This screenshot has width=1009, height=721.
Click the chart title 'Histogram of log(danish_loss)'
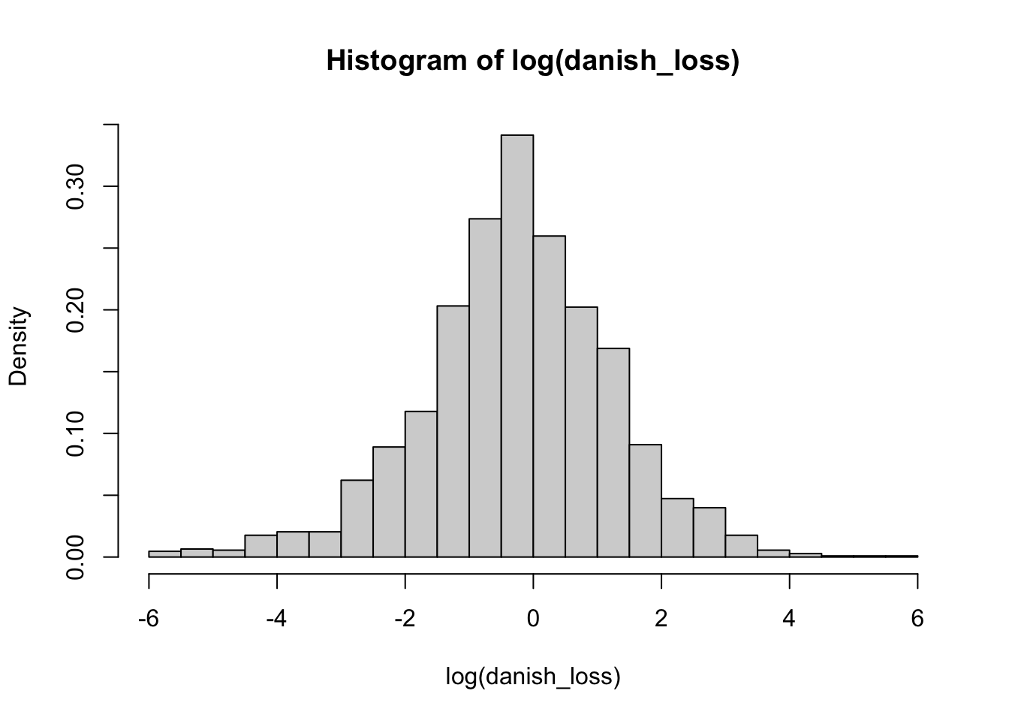click(x=533, y=61)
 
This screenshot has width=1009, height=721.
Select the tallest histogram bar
click(x=517, y=345)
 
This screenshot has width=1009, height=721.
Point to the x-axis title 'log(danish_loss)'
click(x=533, y=677)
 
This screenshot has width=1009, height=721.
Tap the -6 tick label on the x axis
click(x=149, y=620)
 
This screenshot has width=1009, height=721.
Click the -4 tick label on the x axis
click(x=277, y=620)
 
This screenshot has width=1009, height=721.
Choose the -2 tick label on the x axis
click(x=405, y=620)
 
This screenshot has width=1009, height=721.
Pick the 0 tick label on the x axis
click(x=533, y=620)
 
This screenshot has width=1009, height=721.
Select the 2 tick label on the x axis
click(x=661, y=620)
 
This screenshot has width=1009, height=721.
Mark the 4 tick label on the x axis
click(x=789, y=620)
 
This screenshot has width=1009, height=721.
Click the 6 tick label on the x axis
click(x=917, y=620)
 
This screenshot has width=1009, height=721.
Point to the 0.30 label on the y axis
click(x=76, y=186)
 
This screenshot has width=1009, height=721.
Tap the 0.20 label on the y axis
click(x=76, y=310)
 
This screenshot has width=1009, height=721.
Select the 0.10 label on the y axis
click(x=76, y=433)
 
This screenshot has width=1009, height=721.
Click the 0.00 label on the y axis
click(x=76, y=557)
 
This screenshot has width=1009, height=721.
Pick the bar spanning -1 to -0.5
click(x=485, y=388)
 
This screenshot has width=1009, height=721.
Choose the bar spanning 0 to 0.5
click(x=549, y=397)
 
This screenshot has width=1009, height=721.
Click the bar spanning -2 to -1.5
click(x=421, y=484)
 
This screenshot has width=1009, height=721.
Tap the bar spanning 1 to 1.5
click(x=613, y=452)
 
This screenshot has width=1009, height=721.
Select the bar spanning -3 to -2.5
click(x=357, y=518)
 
